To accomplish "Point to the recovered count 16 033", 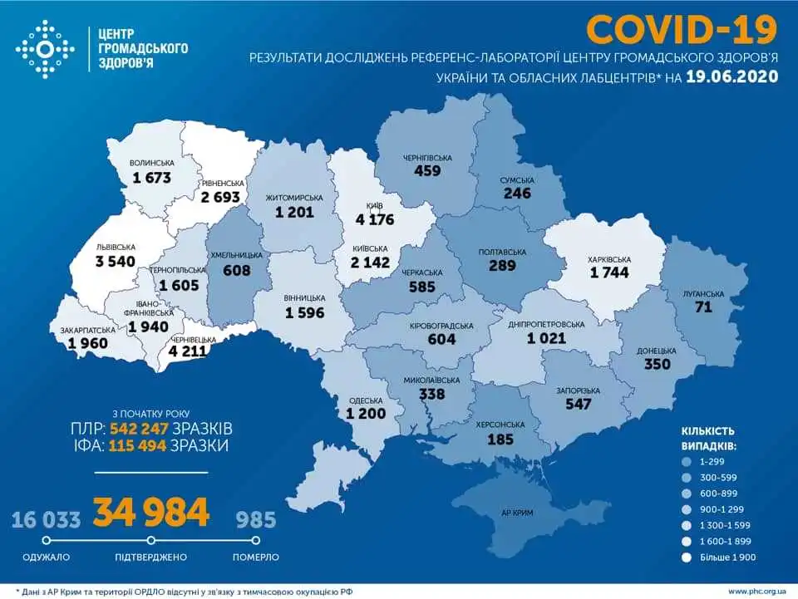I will (x=47, y=520).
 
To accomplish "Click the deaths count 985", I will (x=255, y=520).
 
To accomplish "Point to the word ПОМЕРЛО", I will (x=255, y=557).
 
